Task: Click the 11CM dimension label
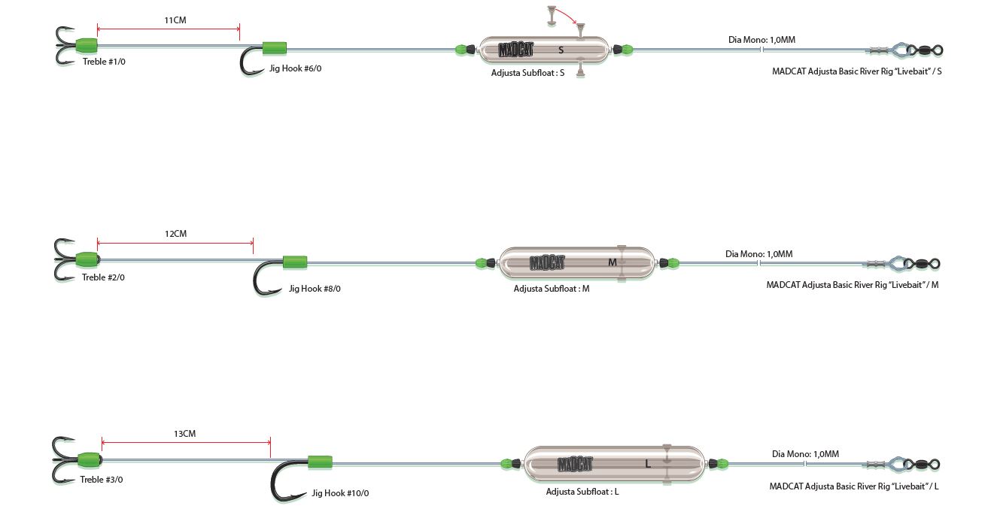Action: (x=175, y=20)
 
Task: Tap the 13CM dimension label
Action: (x=184, y=434)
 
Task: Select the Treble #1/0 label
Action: (x=104, y=62)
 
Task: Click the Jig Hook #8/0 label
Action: (x=315, y=289)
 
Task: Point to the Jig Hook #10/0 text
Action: (x=340, y=493)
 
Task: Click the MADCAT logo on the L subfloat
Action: (x=575, y=464)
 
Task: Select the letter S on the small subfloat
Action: (x=561, y=50)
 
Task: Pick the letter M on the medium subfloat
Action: (x=612, y=262)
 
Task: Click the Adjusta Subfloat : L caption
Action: (x=582, y=492)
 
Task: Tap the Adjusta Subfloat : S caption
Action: (x=527, y=74)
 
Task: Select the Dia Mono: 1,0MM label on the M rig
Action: (x=758, y=254)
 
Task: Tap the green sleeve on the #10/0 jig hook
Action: (x=320, y=462)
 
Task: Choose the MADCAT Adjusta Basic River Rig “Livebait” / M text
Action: (x=853, y=285)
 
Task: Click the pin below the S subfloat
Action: (x=581, y=71)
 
